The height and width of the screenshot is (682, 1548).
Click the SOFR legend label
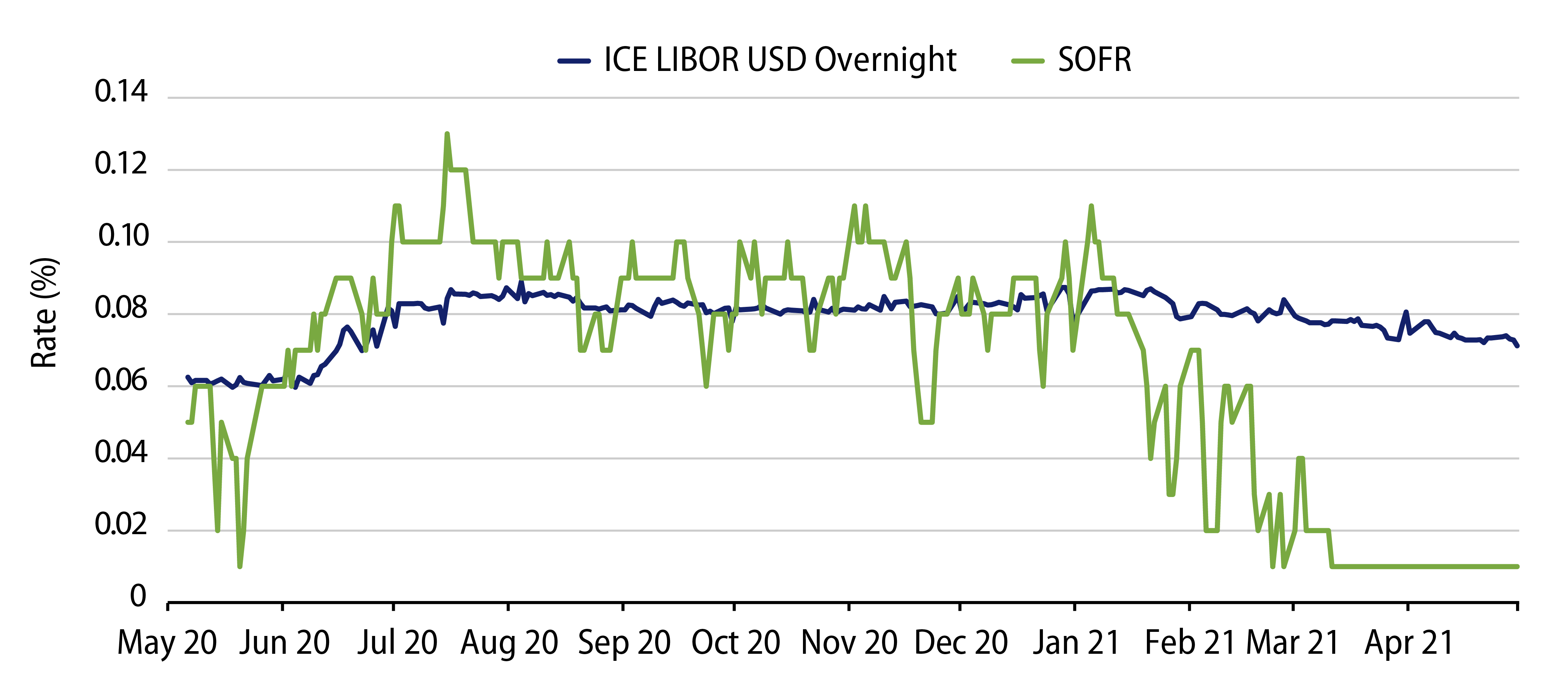tap(1094, 60)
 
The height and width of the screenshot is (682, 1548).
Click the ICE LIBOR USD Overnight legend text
tap(780, 60)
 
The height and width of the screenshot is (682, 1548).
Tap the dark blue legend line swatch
tap(574, 61)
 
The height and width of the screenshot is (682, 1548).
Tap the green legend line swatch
tap(1028, 61)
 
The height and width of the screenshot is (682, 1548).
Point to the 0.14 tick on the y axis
tap(121, 92)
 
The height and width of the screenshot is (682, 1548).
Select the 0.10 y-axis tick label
tap(123, 236)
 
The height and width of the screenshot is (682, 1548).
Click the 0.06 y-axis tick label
tap(121, 380)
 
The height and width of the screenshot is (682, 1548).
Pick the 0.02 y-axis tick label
tap(121, 525)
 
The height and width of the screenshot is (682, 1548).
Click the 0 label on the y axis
tap(138, 596)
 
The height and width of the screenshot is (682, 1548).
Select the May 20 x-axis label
tap(167, 643)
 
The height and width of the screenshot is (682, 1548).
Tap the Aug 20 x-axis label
tap(509, 643)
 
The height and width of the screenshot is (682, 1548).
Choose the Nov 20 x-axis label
tap(849, 643)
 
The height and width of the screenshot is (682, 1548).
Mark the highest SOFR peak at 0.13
tap(446, 134)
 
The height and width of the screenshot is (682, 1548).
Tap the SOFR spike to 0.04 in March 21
tap(1300, 458)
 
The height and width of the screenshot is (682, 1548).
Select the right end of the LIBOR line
tap(1517, 345)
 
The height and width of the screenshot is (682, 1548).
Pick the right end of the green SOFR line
tap(1517, 566)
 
